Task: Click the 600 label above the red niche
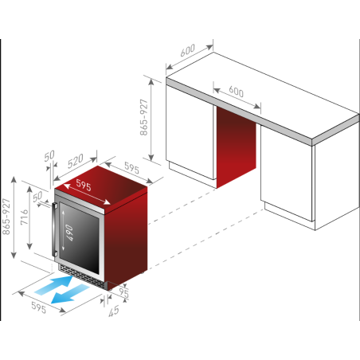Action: point(236,92)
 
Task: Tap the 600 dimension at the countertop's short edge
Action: point(187,50)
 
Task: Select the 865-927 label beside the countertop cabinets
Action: point(143,117)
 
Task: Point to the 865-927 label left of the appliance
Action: point(6,217)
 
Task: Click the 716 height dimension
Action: point(25,217)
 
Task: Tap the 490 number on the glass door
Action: point(69,233)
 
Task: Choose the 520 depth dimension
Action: point(75,161)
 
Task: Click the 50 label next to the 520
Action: point(49,156)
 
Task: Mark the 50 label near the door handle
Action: point(37,197)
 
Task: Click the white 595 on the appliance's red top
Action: point(84,185)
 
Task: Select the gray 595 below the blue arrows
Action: point(39,307)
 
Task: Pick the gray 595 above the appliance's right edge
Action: point(131,168)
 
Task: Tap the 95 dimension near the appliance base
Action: point(123,292)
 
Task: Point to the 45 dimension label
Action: point(114,311)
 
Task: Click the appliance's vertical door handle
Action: point(54,229)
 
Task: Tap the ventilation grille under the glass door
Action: point(81,277)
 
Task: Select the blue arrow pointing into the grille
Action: point(54,285)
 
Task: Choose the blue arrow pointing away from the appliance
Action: point(70,294)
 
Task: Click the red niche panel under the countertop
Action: point(236,147)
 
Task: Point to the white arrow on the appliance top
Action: point(87,194)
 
